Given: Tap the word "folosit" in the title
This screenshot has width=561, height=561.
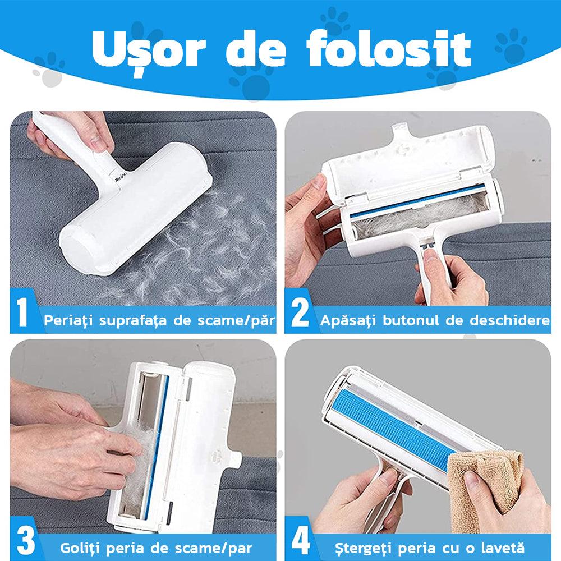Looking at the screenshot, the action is click(x=389, y=49).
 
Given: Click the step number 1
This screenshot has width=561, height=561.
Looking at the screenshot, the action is click(x=22, y=311).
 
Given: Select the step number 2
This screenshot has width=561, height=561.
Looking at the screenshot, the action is click(x=300, y=312).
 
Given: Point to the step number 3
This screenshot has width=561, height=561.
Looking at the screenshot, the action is click(x=26, y=540).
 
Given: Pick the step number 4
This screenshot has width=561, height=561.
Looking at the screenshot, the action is click(x=301, y=540).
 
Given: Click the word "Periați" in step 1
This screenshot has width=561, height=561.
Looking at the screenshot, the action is click(x=69, y=320).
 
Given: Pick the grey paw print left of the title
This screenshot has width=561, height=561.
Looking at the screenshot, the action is click(x=49, y=69).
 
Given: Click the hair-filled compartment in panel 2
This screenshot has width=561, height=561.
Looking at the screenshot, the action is click(x=419, y=217).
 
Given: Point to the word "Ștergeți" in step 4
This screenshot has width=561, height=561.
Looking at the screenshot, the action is click(x=363, y=548).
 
